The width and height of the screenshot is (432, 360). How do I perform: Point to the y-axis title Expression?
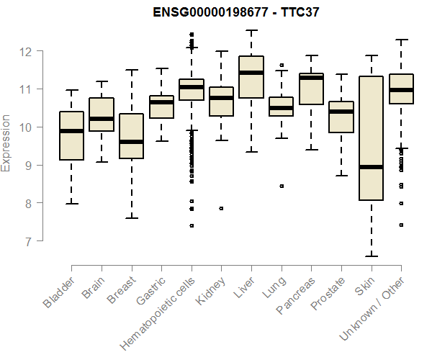(6, 142)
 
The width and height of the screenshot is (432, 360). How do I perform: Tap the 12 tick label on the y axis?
(27, 51)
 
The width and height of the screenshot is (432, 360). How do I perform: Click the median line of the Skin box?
(372, 167)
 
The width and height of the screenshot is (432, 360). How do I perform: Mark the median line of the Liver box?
(251, 73)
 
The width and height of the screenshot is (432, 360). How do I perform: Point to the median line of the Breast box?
(131, 142)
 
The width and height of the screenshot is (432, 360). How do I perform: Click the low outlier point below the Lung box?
(282, 186)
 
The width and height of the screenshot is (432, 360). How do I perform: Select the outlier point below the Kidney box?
(221, 208)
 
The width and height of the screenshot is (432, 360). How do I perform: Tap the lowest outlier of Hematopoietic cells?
(192, 225)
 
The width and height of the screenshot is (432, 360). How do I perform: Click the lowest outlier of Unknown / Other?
(401, 225)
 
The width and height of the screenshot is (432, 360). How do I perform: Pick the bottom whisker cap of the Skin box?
(372, 256)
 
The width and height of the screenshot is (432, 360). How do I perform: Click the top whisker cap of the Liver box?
(251, 30)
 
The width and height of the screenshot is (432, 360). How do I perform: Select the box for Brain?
(102, 114)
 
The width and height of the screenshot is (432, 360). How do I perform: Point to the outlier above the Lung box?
(282, 65)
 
